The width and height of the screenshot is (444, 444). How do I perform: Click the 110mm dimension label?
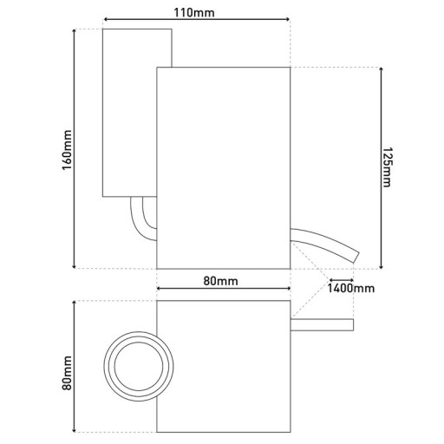(195, 10)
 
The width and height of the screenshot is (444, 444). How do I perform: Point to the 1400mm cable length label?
(351, 287)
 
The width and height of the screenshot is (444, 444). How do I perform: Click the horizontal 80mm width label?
(222, 281)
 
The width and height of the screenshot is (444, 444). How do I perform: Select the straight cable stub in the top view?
(322, 324)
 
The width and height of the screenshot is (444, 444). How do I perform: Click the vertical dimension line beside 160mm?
(77, 147)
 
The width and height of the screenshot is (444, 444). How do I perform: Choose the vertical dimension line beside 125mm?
(378, 167)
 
